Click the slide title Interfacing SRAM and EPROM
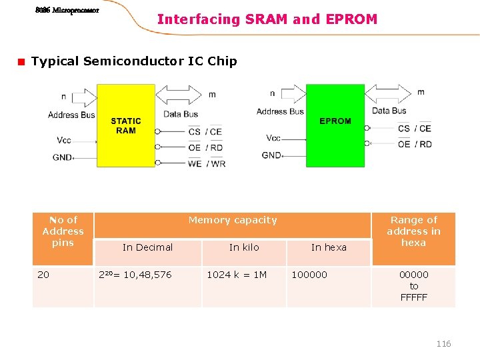[267, 19]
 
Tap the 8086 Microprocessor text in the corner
[67, 11]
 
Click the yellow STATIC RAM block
[126, 125]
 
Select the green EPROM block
[335, 125]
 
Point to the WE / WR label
[207, 163]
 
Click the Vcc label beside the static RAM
[64, 140]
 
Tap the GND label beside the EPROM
[272, 155]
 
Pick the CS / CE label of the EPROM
[414, 128]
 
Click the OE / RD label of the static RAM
[205, 147]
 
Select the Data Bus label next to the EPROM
[389, 111]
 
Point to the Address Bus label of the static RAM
[71, 115]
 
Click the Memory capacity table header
[232, 220]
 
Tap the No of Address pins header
[63, 231]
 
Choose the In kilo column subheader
[244, 247]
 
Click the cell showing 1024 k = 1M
[237, 275]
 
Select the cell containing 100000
[309, 275]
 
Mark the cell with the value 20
[43, 275]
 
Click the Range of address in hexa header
[413, 231]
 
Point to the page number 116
[443, 343]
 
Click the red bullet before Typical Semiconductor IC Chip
[21, 62]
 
